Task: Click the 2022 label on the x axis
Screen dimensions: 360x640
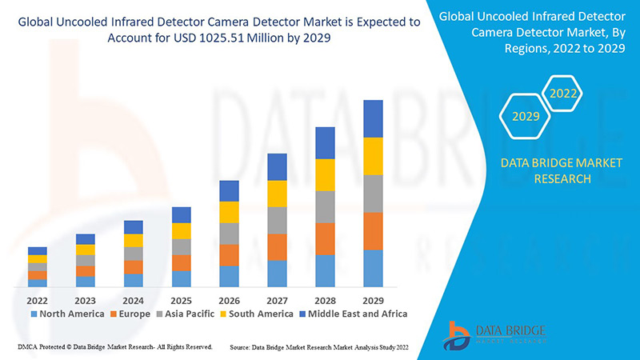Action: pos(37,300)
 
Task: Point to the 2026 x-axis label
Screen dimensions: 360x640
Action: pos(229,300)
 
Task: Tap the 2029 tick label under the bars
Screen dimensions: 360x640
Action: pos(373,300)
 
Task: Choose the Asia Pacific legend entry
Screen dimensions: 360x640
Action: pos(189,314)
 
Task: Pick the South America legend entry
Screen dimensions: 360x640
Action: pos(259,314)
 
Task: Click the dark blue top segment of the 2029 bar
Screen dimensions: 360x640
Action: pos(373,118)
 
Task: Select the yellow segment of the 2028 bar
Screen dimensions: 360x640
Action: pos(325,174)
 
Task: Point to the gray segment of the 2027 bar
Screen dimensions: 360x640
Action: pos(277,220)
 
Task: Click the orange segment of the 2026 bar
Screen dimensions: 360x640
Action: pos(229,254)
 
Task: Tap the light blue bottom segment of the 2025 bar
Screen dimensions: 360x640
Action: pos(181,278)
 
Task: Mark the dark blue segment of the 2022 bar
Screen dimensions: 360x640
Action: pos(37,251)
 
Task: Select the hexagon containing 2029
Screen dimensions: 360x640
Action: pos(526,117)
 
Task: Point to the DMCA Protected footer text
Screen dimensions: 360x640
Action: pos(114,347)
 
